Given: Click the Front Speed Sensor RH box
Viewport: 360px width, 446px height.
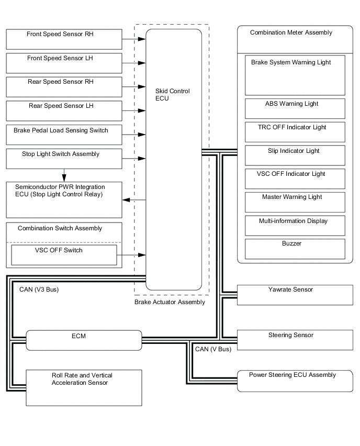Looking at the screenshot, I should [64, 39].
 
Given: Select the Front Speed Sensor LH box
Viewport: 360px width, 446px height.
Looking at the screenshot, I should [64, 63].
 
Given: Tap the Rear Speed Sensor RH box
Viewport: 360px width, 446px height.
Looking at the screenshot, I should [64, 87].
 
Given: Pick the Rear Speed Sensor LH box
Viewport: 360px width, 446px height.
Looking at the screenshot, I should [64, 111].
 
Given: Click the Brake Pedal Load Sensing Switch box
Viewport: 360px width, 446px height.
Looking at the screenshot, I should [64, 135].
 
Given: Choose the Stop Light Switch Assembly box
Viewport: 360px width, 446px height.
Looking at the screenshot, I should [64, 159].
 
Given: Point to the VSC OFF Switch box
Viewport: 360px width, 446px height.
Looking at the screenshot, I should [64, 255].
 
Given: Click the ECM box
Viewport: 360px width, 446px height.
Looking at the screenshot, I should [84, 340].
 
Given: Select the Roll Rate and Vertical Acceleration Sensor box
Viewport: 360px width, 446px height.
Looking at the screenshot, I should [84, 387].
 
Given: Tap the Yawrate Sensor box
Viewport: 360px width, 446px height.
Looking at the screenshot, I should [295, 295].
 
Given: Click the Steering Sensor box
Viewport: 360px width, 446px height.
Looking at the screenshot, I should [295, 340].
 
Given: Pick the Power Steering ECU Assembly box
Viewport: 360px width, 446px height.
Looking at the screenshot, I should [295, 381].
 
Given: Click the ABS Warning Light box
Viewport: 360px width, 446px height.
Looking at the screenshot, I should [295, 108].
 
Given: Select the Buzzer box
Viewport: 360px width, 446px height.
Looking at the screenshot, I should [295, 249].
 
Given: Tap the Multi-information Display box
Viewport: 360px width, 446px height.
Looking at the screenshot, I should [295, 226].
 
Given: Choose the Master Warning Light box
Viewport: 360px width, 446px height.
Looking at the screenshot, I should [295, 202].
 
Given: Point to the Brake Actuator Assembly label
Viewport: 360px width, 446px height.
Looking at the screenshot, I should [170, 302].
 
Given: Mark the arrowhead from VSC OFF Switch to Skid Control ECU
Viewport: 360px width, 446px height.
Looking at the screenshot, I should [142, 255].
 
